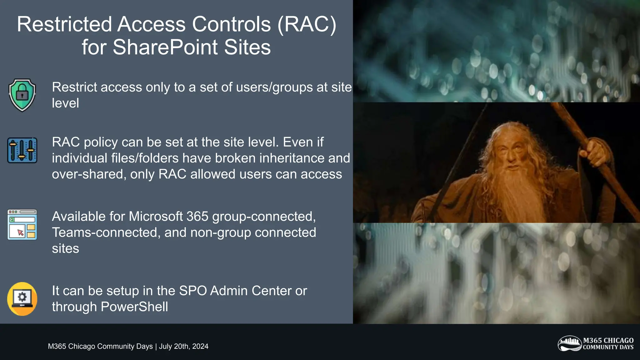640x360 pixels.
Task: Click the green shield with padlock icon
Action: coord(22,95)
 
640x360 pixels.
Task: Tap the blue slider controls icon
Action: coord(22,150)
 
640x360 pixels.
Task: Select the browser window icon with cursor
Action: coord(22,225)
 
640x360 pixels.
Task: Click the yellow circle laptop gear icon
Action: coord(22,299)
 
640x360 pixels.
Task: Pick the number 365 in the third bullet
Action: coord(198,216)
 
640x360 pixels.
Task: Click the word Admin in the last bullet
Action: coord(229,291)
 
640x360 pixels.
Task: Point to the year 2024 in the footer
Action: coord(200,346)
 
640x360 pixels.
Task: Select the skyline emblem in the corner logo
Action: coord(570,343)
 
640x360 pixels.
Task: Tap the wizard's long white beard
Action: coord(512,191)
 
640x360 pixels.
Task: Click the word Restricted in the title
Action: coord(64,24)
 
